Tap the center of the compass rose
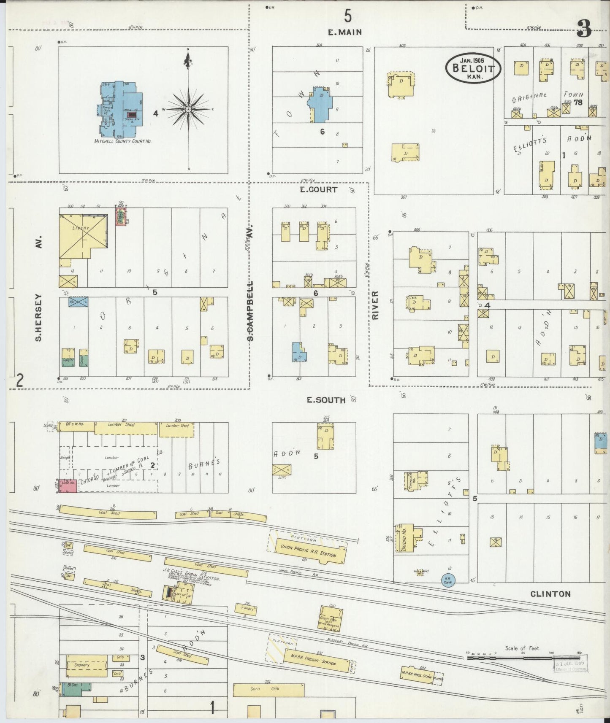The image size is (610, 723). [x=188, y=110]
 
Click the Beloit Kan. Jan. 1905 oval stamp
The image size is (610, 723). [x=473, y=68]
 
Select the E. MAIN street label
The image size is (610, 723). [x=345, y=32]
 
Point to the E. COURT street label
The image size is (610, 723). [x=319, y=190]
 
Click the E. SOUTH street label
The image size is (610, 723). [x=326, y=400]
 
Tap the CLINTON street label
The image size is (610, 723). [x=550, y=594]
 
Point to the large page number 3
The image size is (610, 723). [x=584, y=28]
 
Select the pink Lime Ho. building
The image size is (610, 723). [x=68, y=486]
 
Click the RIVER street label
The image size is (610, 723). [x=375, y=305]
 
